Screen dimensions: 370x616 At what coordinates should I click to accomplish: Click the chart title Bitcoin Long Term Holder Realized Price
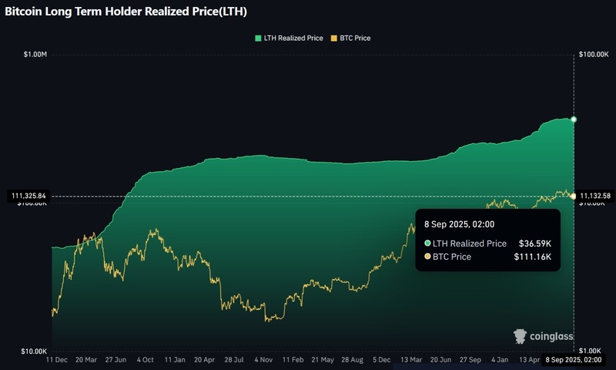click(126, 12)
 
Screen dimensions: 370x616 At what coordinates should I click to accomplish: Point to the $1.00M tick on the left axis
click(35, 55)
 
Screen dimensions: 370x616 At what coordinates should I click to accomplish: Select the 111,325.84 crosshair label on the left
click(27, 196)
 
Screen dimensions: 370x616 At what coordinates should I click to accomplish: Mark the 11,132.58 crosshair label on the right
click(594, 196)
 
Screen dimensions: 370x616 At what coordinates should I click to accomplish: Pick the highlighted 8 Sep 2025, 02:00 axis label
click(573, 359)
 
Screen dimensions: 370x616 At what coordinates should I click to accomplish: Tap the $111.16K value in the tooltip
click(532, 257)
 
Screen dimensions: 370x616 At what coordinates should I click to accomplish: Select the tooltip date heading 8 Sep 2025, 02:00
click(459, 224)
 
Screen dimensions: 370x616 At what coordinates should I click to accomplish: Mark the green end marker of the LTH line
click(574, 119)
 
